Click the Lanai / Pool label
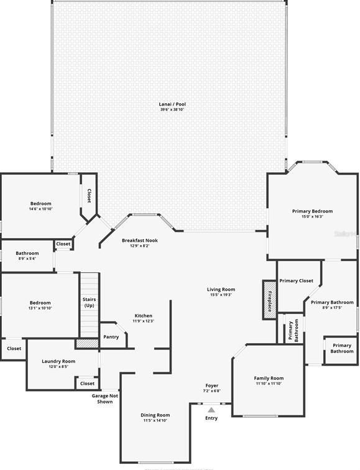click(x=172, y=104)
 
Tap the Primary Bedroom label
click(x=312, y=211)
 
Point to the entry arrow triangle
click(x=211, y=410)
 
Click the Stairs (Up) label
click(x=89, y=302)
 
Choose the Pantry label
click(x=111, y=337)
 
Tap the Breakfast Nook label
click(x=139, y=240)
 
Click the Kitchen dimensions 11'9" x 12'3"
click(x=143, y=321)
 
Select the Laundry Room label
click(x=58, y=361)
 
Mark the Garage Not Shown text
click(x=104, y=399)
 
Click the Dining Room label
click(x=155, y=415)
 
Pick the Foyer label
click(x=211, y=385)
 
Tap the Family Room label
click(x=269, y=378)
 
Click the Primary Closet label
click(x=297, y=281)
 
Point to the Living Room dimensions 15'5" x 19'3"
click(x=221, y=295)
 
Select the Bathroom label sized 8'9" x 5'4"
click(x=27, y=253)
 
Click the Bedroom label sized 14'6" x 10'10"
click(x=41, y=203)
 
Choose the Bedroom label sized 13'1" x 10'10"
click(x=40, y=303)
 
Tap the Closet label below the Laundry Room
click(x=87, y=384)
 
